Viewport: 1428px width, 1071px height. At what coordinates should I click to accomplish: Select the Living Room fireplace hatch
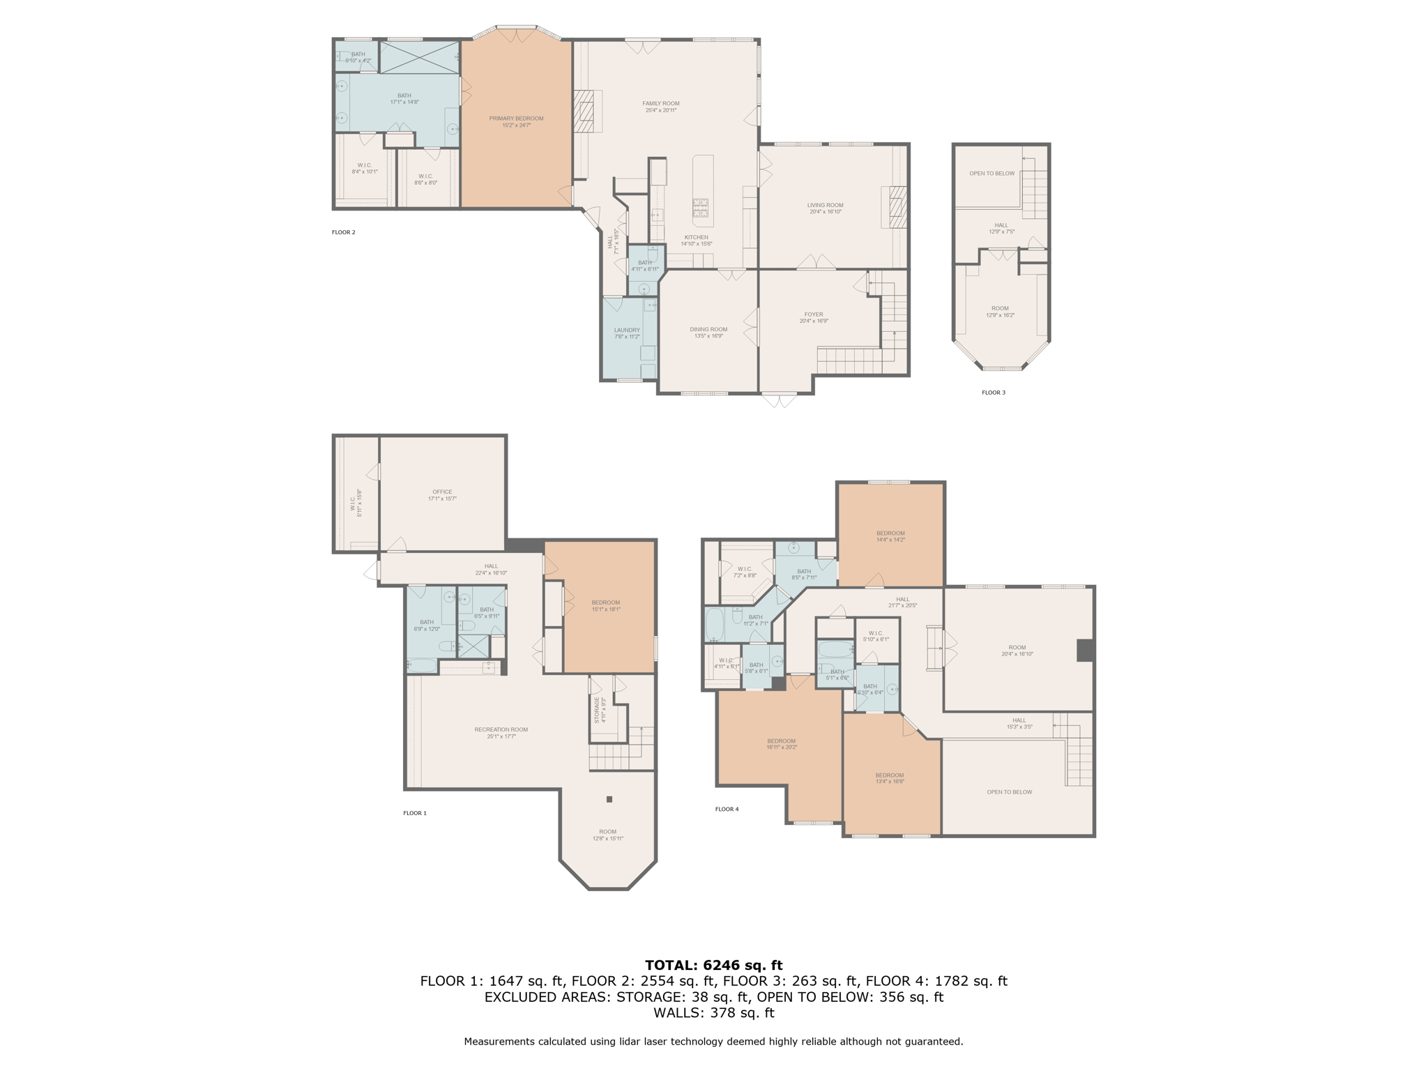897,207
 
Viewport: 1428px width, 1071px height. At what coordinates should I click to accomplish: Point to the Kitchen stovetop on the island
700,208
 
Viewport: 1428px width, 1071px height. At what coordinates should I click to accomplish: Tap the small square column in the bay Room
609,799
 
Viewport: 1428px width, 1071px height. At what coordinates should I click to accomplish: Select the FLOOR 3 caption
994,393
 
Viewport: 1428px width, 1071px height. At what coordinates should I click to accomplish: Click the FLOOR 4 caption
727,809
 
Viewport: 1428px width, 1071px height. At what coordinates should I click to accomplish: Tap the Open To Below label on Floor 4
1009,792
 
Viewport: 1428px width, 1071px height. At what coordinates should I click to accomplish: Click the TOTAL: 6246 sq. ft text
713,965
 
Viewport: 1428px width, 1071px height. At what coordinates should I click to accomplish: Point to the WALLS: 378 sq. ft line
713,1012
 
